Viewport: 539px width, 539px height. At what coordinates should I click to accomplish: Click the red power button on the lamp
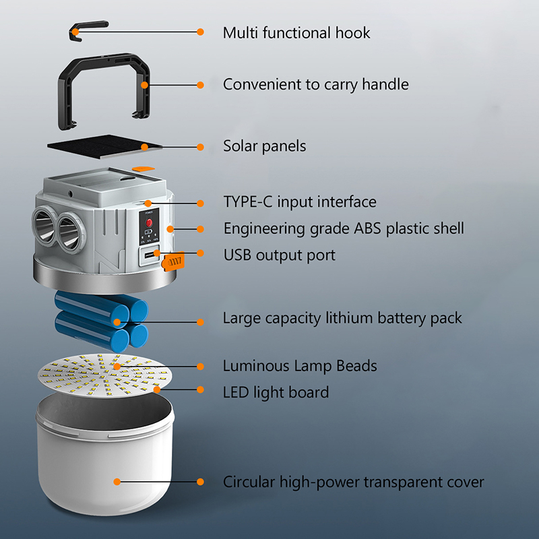(149, 222)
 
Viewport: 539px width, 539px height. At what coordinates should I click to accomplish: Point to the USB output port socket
(150, 255)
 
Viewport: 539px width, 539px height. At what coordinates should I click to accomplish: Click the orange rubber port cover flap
(173, 261)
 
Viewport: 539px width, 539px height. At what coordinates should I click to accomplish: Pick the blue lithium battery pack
(102, 321)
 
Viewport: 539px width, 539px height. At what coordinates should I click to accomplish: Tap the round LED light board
(104, 375)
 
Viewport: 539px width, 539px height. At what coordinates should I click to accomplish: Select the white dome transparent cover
(104, 453)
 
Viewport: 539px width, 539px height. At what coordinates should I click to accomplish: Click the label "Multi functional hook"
(296, 33)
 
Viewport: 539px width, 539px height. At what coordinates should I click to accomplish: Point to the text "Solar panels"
(264, 146)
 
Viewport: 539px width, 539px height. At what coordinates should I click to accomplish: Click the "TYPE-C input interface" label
(300, 201)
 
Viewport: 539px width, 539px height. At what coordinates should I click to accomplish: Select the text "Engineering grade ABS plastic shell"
(344, 229)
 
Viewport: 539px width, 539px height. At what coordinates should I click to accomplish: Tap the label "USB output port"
(280, 255)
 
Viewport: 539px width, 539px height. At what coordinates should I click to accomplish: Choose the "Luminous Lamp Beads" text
(300, 366)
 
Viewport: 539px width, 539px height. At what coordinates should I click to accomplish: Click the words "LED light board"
(276, 393)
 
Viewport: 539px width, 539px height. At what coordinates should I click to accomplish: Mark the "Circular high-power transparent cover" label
(353, 482)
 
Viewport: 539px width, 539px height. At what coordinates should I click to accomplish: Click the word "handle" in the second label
(385, 84)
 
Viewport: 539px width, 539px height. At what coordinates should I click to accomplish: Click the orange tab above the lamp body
(144, 168)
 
